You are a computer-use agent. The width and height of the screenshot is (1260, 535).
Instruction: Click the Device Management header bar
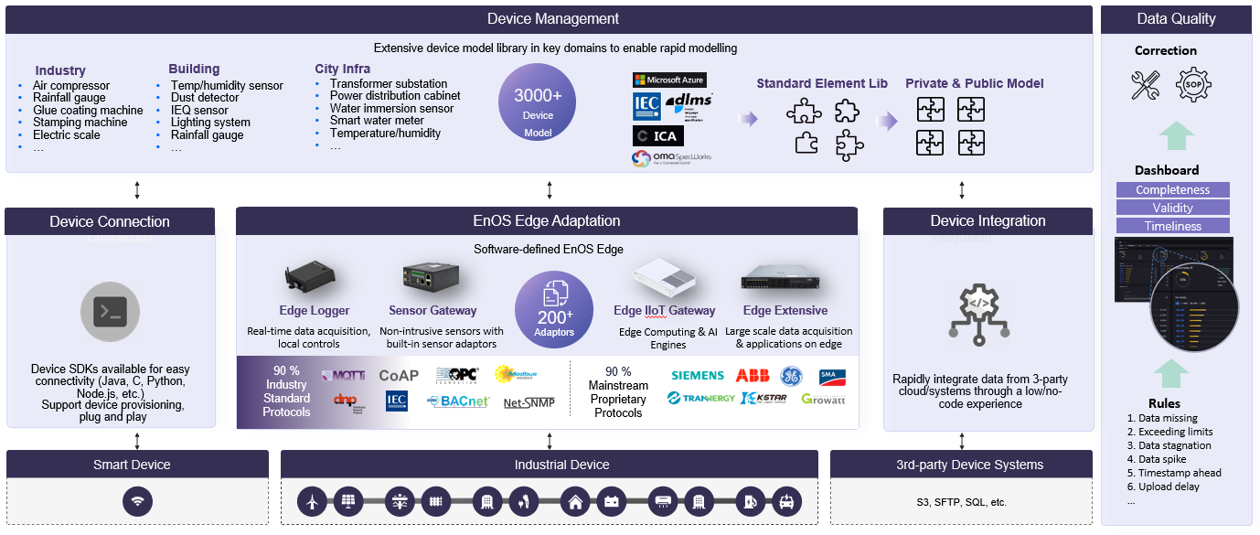click(x=552, y=19)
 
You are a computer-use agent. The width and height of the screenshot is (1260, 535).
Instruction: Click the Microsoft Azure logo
click(x=669, y=80)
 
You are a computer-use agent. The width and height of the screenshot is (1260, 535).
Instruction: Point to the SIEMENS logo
click(x=697, y=376)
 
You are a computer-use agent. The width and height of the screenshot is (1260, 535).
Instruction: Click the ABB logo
click(x=753, y=376)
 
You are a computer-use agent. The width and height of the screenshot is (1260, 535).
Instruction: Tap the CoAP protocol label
click(x=398, y=376)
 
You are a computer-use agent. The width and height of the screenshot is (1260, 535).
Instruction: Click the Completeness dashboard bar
click(x=1172, y=190)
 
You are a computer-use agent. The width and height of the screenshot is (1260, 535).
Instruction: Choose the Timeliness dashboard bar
click(x=1172, y=226)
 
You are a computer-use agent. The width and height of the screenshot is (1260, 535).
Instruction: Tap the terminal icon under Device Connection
click(x=111, y=313)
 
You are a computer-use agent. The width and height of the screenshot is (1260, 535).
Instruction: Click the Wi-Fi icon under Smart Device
click(x=137, y=501)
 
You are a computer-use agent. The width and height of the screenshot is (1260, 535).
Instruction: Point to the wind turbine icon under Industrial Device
click(x=312, y=501)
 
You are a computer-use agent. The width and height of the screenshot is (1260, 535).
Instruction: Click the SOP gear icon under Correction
click(x=1193, y=85)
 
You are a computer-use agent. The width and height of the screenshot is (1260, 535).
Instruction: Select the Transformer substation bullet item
click(x=389, y=84)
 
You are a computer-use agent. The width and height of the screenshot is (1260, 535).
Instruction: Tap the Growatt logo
click(x=823, y=400)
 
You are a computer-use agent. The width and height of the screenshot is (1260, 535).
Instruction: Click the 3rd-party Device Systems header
click(x=962, y=465)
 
